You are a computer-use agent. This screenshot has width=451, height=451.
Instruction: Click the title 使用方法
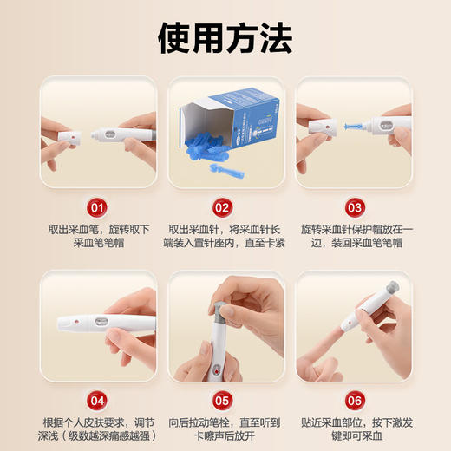click(x=225, y=38)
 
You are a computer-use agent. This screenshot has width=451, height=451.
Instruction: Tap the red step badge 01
click(x=97, y=208)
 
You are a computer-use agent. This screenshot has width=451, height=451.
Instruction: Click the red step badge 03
click(x=354, y=208)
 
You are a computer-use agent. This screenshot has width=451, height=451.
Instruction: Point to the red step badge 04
click(x=97, y=401)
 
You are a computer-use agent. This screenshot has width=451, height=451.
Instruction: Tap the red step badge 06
click(x=354, y=401)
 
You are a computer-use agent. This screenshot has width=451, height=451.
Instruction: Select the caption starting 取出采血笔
click(x=98, y=237)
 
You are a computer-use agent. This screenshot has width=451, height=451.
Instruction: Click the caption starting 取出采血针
click(x=225, y=237)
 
